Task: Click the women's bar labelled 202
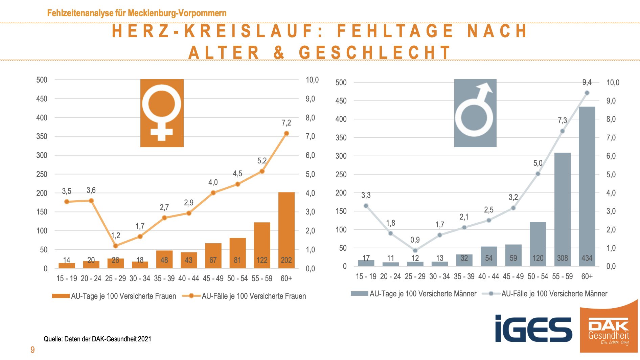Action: [x=286, y=230]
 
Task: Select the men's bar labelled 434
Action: [x=587, y=186]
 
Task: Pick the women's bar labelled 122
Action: [x=262, y=245]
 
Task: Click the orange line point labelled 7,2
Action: [x=287, y=133]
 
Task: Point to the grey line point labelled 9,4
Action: [x=587, y=93]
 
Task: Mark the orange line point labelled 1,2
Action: [x=115, y=246]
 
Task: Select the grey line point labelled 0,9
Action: [x=415, y=251]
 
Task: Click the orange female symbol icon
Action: [x=162, y=113]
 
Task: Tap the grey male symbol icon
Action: [x=475, y=113]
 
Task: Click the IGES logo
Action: [x=533, y=329]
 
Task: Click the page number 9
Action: [x=32, y=350]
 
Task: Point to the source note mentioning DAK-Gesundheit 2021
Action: [x=97, y=339]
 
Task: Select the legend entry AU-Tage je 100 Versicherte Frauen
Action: [x=114, y=296]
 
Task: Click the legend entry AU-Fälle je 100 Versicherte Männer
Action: [x=545, y=294]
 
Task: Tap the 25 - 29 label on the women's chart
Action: [x=115, y=278]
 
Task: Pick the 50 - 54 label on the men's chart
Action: [x=538, y=276]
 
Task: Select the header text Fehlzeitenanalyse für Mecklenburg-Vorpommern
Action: [x=137, y=13]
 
